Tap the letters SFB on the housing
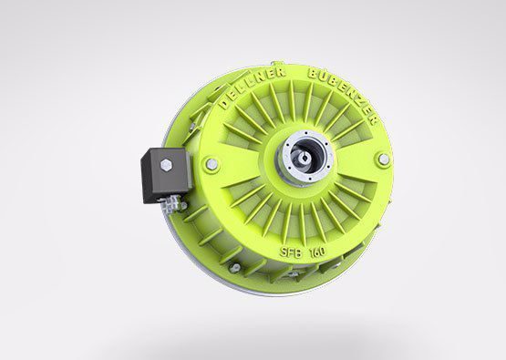(291, 252)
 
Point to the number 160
(317, 252)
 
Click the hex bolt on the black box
(166, 165)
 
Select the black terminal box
(165, 175)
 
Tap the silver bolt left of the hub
(211, 164)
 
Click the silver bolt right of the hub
(383, 159)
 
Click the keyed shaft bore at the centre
(305, 157)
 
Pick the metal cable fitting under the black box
(172, 203)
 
